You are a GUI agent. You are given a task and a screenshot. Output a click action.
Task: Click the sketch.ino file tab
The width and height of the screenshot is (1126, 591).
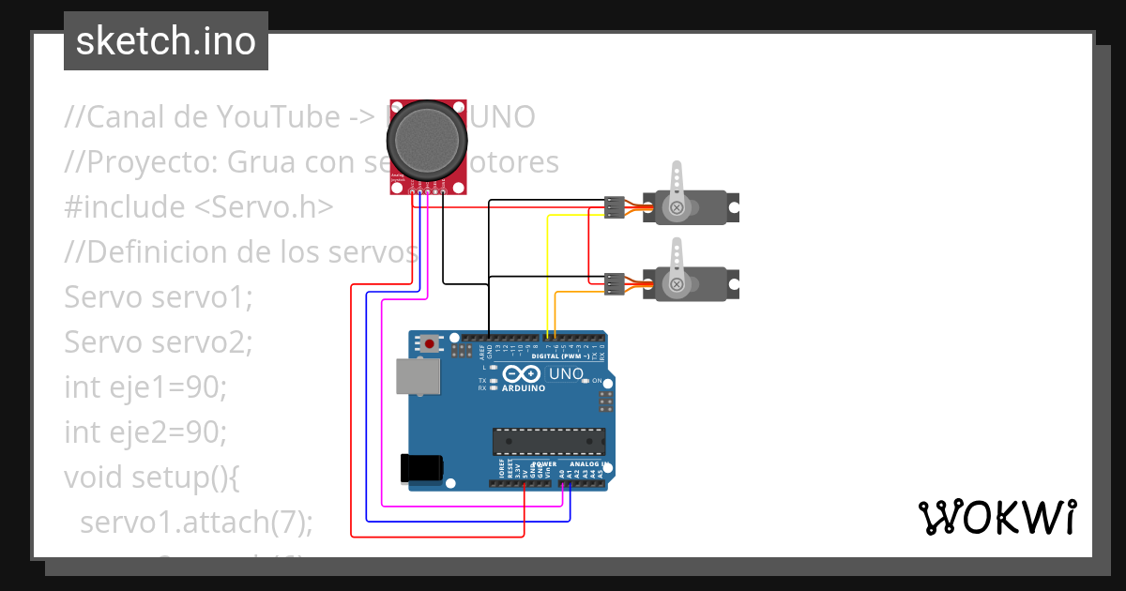[x=165, y=41]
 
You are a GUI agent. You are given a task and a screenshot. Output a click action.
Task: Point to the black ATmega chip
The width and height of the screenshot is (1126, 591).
[x=549, y=441]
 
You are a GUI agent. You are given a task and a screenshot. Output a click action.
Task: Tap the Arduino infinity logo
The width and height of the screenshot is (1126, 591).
[x=520, y=374]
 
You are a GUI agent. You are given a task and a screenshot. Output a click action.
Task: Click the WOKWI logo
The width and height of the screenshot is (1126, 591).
[x=997, y=517]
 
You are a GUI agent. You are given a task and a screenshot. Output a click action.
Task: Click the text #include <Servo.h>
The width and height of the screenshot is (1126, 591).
[x=198, y=207]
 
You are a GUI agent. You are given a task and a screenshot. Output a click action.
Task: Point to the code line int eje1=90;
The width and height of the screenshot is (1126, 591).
[x=145, y=387]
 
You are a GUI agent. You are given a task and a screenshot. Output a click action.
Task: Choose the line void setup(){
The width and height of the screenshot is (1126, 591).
[x=152, y=477]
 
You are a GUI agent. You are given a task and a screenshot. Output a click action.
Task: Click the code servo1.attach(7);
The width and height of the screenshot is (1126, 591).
[x=196, y=523]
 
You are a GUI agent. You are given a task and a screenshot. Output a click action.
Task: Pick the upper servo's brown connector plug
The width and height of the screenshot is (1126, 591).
[x=614, y=207]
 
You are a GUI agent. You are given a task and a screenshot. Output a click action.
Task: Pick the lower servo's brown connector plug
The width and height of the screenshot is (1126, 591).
[x=614, y=283]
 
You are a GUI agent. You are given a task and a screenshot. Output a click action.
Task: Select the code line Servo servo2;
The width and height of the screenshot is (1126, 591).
[x=159, y=342]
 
